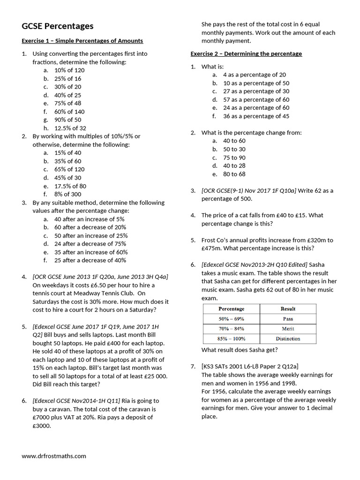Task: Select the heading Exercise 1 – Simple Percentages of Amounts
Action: click(82, 41)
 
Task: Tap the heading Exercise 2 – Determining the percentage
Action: click(246, 54)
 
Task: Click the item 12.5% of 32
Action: click(70, 128)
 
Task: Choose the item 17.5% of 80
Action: click(70, 186)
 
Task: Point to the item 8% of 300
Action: click(67, 194)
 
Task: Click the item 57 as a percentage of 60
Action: click(256, 99)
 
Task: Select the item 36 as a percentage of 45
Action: click(256, 116)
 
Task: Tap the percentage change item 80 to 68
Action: click(234, 174)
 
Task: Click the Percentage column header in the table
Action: click(231, 309)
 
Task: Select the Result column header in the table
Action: click(288, 309)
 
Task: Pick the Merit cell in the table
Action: click(288, 329)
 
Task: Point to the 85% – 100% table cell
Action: click(231, 338)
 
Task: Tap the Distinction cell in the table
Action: click(288, 338)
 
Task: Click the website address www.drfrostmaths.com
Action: click(54, 456)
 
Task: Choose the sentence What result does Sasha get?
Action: click(239, 350)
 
